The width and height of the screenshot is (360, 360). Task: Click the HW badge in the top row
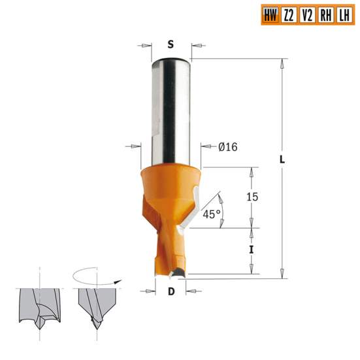coord(269,15)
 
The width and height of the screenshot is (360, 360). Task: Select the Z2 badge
coord(288,15)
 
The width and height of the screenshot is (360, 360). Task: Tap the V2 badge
coord(306,15)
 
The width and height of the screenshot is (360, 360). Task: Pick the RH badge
coord(325,15)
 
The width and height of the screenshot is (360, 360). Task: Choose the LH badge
coord(343,15)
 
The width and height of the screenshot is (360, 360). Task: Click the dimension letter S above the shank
coord(171,45)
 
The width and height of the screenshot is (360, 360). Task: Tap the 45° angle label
coord(210,214)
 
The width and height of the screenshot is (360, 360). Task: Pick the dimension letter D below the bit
coord(171,292)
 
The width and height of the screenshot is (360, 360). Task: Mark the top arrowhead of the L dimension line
coord(282,63)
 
